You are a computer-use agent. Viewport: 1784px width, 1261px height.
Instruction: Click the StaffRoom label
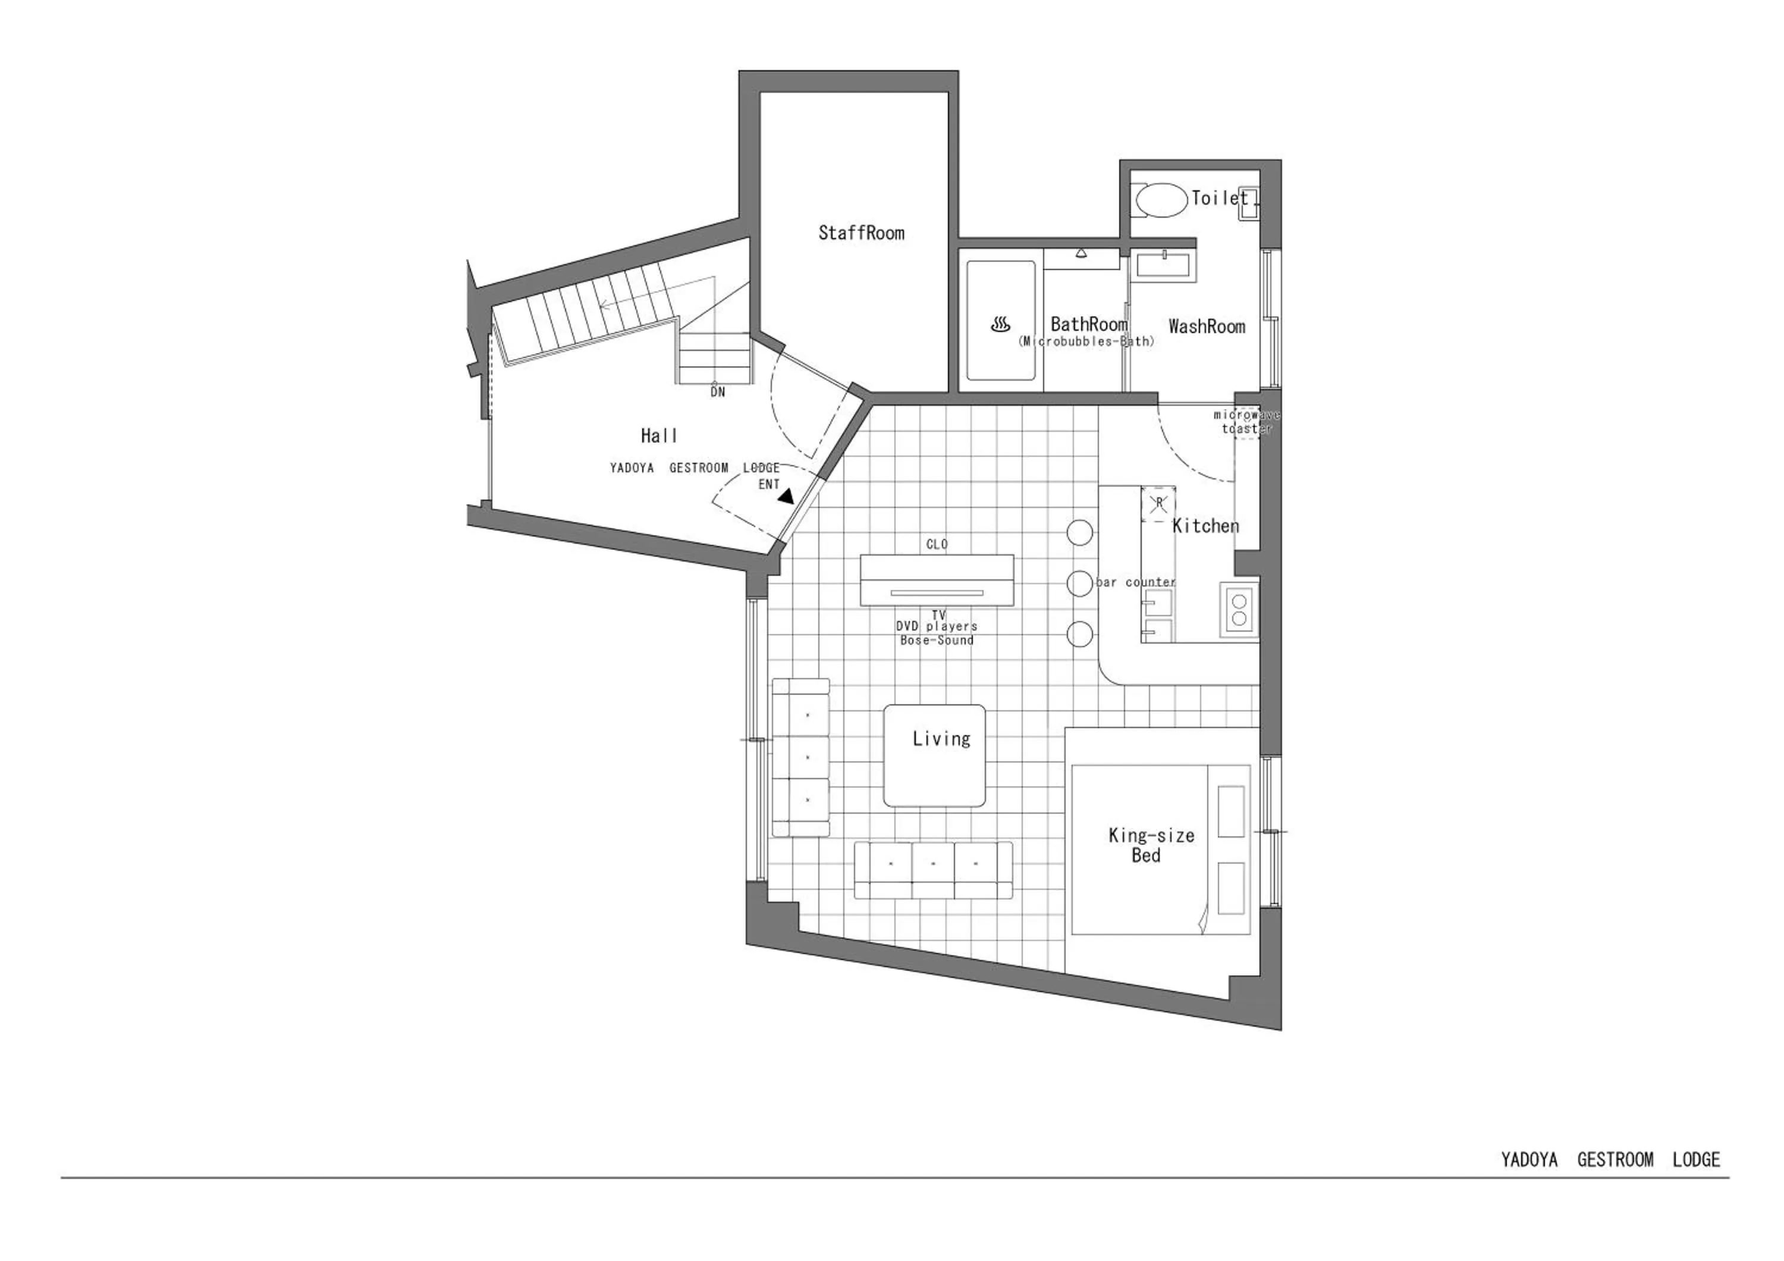(x=861, y=233)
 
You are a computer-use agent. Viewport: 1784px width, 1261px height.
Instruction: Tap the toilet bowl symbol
(x=1161, y=200)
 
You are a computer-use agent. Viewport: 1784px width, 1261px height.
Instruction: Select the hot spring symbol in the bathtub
(x=1000, y=324)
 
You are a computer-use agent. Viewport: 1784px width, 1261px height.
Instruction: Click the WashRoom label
(x=1206, y=327)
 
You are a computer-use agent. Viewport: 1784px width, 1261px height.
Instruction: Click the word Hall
(x=659, y=436)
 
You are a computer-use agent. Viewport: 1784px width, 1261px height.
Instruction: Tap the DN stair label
(x=717, y=393)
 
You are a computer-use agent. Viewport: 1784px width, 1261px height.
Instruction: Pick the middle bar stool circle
(x=1080, y=584)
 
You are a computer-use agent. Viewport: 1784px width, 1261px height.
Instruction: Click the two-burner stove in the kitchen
(x=1239, y=609)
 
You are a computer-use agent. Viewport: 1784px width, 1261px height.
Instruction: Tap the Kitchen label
(x=1205, y=526)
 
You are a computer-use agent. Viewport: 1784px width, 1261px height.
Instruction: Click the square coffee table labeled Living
(x=935, y=755)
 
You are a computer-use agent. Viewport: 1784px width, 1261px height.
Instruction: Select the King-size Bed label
(x=1151, y=845)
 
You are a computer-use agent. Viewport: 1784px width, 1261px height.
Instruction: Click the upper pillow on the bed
(x=1231, y=811)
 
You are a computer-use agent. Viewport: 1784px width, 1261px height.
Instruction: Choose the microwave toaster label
(x=1246, y=422)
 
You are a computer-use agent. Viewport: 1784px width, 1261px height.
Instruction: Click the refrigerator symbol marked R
(x=1158, y=503)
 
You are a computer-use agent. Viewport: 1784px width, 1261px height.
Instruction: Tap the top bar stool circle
(x=1080, y=533)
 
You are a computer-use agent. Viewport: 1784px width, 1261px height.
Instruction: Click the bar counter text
(x=1135, y=582)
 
